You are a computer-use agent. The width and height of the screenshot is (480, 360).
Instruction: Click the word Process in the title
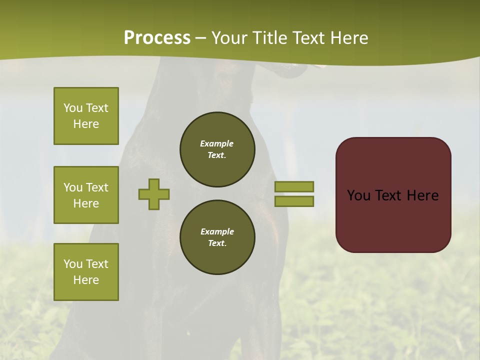click(x=157, y=38)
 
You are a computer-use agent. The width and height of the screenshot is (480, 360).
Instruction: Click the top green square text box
click(x=86, y=116)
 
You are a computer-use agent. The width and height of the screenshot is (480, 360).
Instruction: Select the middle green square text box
click(x=86, y=195)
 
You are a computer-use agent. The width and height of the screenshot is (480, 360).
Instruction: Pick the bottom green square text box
click(x=86, y=272)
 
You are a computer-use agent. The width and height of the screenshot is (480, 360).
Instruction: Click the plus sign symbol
click(x=154, y=194)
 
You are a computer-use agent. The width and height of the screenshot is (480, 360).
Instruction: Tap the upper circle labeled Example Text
click(x=217, y=149)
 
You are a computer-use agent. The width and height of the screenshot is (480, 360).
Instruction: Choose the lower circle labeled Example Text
click(x=217, y=237)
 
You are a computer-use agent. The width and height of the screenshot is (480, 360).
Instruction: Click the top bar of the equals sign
click(x=294, y=186)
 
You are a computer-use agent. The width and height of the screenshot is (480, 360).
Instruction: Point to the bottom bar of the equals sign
click(x=294, y=201)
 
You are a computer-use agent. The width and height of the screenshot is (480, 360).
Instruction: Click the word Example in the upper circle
click(x=217, y=143)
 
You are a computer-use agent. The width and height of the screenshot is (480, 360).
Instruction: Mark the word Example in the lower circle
click(x=217, y=231)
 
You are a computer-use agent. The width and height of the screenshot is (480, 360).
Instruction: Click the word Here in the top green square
click(x=86, y=124)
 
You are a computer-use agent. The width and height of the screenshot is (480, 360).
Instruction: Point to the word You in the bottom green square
click(x=73, y=264)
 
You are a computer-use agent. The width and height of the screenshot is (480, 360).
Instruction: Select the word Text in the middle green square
click(x=97, y=187)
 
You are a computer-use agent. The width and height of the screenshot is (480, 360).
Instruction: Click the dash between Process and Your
click(x=201, y=38)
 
